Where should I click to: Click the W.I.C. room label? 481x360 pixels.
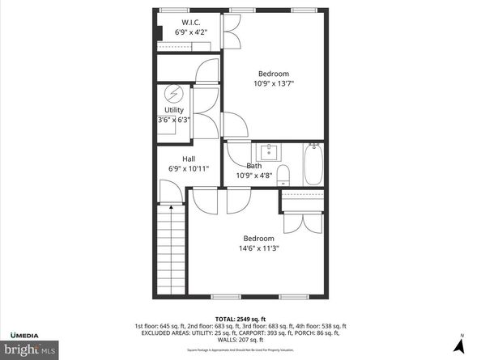click(191, 22)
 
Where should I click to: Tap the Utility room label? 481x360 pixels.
click(174, 110)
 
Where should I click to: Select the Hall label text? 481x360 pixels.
click(188, 159)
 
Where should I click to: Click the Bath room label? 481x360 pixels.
click(253, 166)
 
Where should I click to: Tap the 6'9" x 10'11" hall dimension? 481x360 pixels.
click(189, 169)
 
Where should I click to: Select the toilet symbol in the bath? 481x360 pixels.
click(283, 173)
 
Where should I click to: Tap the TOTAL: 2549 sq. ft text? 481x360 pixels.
click(240, 318)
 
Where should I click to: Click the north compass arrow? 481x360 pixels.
click(460, 345)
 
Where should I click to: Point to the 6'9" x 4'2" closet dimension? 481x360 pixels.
click(191, 32)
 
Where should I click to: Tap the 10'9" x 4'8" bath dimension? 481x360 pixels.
click(253, 175)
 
